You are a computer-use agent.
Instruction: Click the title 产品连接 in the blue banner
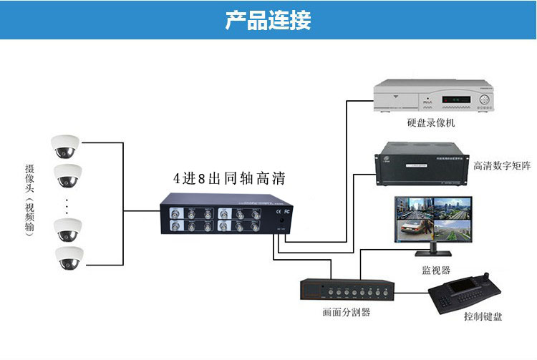click(268, 20)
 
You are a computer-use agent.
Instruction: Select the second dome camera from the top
click(69, 174)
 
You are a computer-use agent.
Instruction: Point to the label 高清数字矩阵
click(502, 166)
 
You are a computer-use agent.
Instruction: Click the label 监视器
click(436, 270)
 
